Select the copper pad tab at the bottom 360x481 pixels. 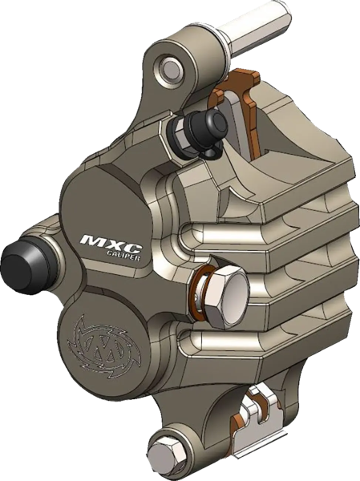click(x=241, y=420)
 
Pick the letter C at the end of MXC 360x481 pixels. click(x=126, y=236)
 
